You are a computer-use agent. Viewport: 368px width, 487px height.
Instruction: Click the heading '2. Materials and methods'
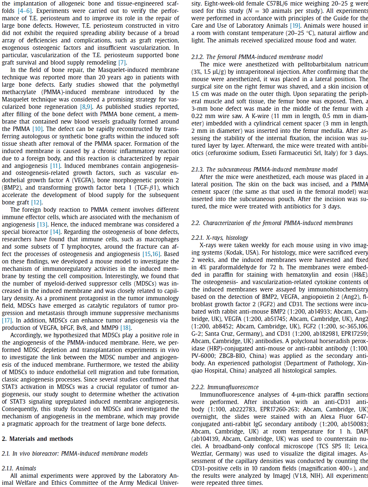coord(37,439)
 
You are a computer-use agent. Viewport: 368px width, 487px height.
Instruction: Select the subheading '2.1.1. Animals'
coord(19,468)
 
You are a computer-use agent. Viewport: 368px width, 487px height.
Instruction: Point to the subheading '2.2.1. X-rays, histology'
coord(220,238)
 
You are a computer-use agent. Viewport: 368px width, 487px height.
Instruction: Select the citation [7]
coord(122,62)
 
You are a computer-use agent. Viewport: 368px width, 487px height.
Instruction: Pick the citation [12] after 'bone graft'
coord(37,202)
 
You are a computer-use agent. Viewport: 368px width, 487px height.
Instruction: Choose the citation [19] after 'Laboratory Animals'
coord(295,25)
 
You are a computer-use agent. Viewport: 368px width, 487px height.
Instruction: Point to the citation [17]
coord(7,320)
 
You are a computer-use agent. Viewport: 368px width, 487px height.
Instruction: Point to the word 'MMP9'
coord(110,328)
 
